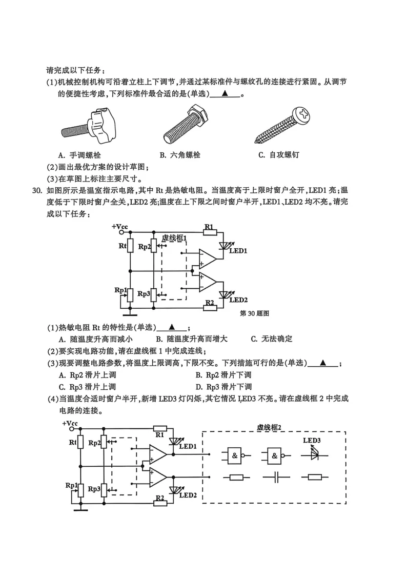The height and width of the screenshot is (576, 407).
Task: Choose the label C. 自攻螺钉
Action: click(278, 155)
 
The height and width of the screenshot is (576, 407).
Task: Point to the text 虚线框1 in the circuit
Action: click(175, 238)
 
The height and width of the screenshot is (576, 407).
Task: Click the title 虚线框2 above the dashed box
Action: click(270, 427)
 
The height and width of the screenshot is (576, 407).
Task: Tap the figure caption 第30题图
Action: click(254, 312)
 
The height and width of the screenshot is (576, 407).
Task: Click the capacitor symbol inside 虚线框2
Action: click(277, 478)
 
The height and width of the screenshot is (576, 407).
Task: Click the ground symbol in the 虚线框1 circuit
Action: click(131, 310)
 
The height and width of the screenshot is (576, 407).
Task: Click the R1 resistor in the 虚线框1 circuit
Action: click(209, 232)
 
